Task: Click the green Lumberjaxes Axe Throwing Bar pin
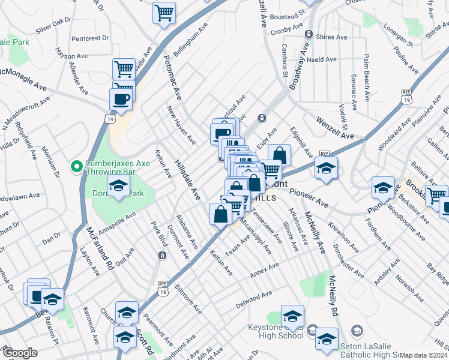[x=76, y=166]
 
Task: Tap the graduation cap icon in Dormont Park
[x=118, y=186]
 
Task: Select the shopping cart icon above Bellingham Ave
[x=164, y=13]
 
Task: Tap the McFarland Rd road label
[x=100, y=247]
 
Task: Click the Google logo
[x=20, y=353]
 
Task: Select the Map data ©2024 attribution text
[x=424, y=355]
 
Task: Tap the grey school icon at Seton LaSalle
[x=357, y=331]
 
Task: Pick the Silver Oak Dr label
[x=53, y=25]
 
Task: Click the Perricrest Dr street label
[x=90, y=38]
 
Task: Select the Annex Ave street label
[x=265, y=271]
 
